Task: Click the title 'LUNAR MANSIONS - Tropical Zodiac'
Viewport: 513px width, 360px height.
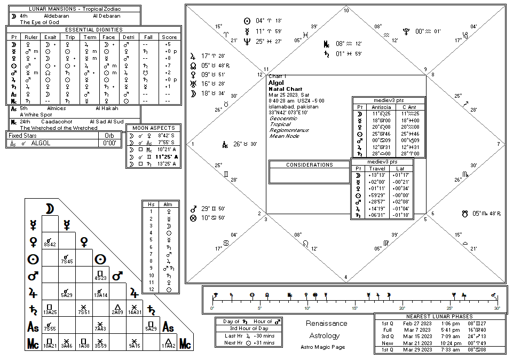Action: (x=74, y=9)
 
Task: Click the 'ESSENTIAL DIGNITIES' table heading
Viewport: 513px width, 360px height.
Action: (x=93, y=30)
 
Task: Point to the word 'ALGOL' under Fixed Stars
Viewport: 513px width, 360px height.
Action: (x=41, y=143)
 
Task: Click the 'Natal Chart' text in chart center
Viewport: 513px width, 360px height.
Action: (x=285, y=89)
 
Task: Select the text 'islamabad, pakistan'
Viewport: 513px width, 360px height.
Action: (x=294, y=107)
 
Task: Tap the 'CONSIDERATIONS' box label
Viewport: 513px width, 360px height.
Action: (x=309, y=165)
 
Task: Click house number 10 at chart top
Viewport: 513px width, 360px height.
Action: (x=346, y=11)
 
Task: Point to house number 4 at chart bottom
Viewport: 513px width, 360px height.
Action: (x=346, y=277)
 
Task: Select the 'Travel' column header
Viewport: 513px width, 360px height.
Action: (x=377, y=169)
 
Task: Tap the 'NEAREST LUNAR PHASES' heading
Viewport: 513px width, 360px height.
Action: (x=440, y=317)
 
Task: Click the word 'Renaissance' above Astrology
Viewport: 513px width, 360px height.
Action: (x=326, y=324)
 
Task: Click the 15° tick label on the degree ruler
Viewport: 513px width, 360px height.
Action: (x=354, y=308)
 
